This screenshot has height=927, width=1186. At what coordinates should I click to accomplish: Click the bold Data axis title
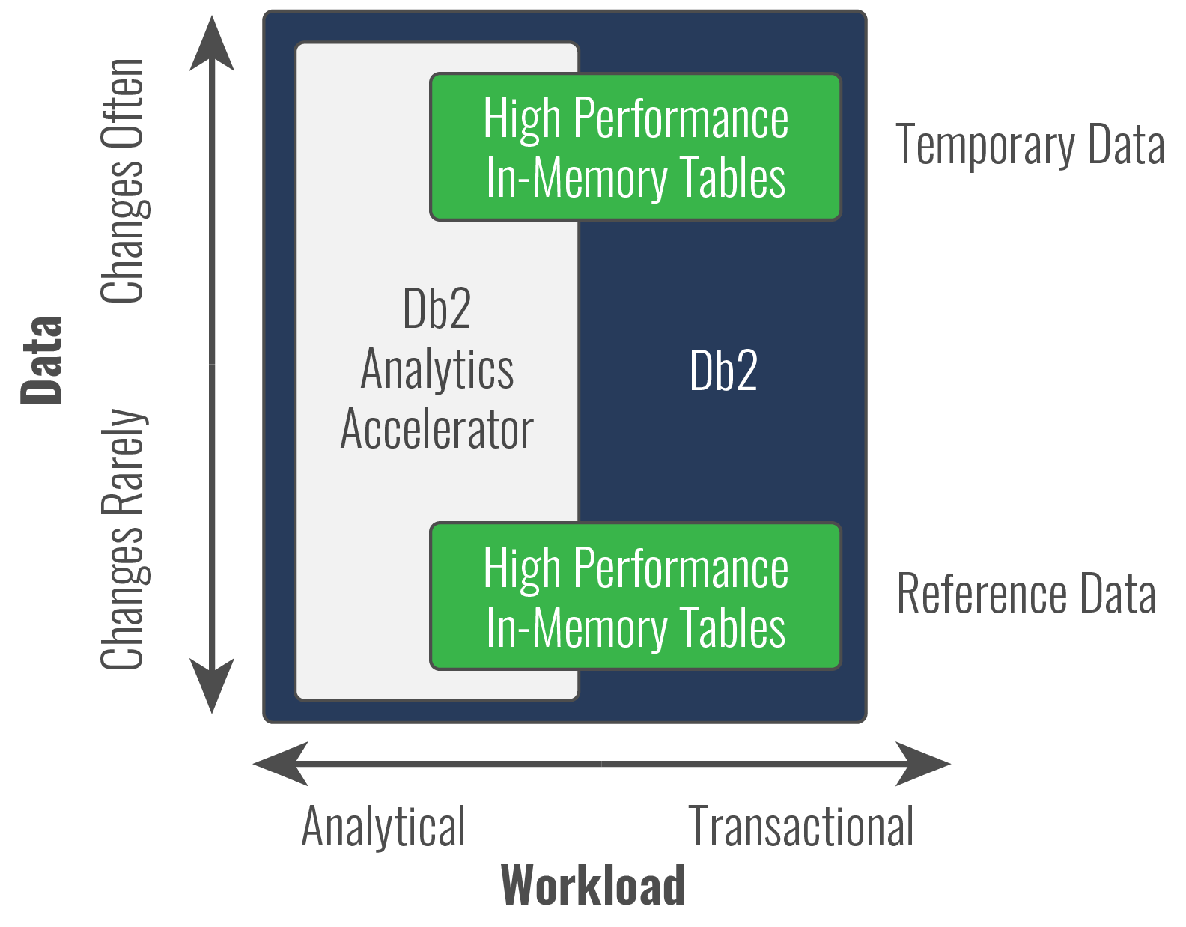coord(42,361)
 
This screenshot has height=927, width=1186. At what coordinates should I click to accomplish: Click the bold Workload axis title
coord(592,885)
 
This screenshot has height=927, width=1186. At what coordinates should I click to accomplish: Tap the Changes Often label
coord(124,181)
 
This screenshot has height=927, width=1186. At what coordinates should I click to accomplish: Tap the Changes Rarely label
coord(124,539)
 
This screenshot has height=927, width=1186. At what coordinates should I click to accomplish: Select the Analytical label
coord(383,827)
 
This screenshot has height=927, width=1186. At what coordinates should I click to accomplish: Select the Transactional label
coord(800,827)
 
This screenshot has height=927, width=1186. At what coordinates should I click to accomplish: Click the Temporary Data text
coord(1030,144)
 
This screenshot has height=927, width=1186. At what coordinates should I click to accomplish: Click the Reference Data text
coord(1026,593)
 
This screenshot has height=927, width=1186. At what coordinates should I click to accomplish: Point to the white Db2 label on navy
coord(723,370)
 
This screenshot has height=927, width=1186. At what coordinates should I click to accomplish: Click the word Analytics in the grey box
coord(437,370)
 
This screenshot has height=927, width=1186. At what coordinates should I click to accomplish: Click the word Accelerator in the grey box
coord(437,430)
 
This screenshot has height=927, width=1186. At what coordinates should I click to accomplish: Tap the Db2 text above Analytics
coord(437,309)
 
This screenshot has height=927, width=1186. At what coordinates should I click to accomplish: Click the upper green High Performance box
coord(635,147)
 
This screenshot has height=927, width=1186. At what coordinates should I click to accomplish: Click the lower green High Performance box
coord(635,596)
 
